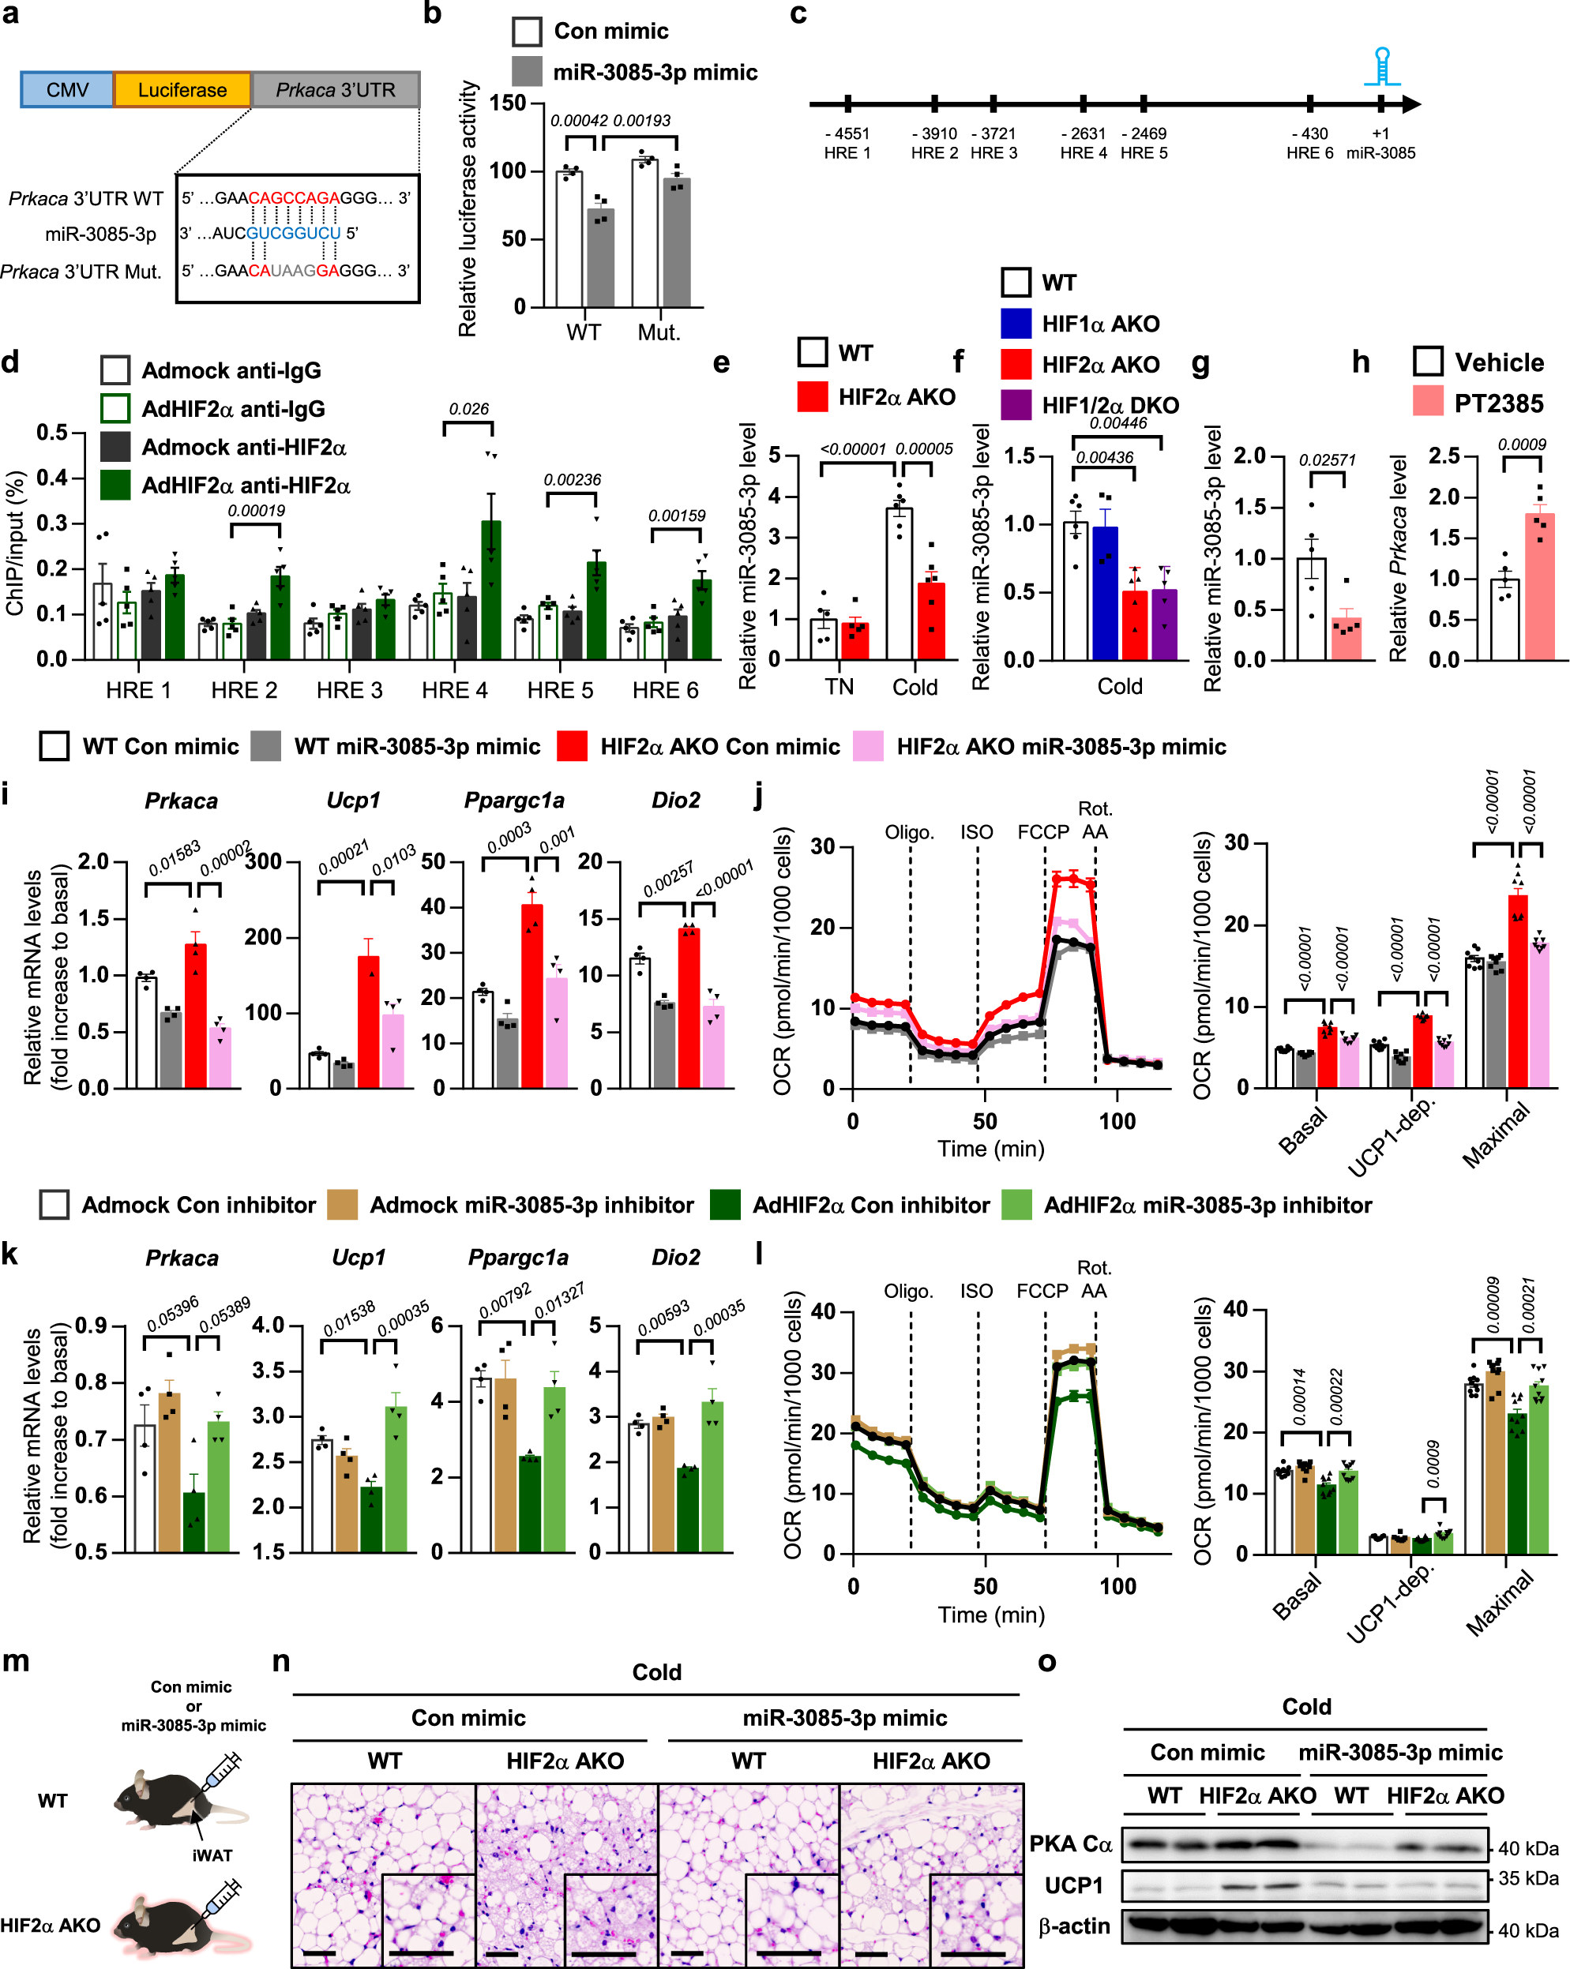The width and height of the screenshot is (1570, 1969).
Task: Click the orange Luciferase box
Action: click(x=182, y=89)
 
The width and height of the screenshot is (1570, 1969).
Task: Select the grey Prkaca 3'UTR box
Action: click(x=335, y=89)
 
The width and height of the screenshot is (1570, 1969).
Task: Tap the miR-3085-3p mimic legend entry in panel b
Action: click(x=654, y=72)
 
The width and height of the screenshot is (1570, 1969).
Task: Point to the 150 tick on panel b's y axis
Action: click(x=508, y=103)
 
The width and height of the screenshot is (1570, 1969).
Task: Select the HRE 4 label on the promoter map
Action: click(x=1084, y=152)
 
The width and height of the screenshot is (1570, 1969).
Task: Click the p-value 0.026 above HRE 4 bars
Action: click(x=468, y=409)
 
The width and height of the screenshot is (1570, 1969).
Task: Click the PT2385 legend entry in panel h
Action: click(x=1498, y=403)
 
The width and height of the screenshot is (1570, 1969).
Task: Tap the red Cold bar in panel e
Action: click(x=930, y=621)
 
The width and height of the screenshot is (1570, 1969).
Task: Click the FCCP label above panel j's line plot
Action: click(x=1042, y=832)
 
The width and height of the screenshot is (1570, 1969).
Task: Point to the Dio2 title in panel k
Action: click(x=675, y=1257)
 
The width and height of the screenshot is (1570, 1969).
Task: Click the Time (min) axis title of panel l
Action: click(x=990, y=1614)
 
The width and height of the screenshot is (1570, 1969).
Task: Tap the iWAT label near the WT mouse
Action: click(x=212, y=1855)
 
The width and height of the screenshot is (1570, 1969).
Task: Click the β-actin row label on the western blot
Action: click(x=1074, y=1926)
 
